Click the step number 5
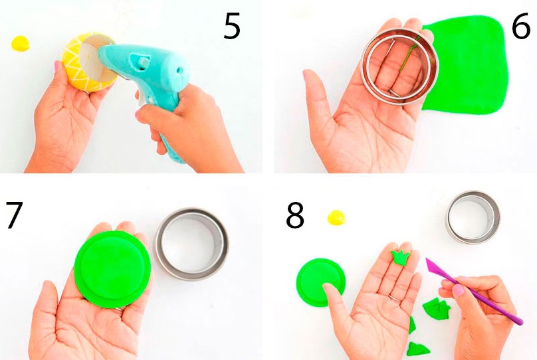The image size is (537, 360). pos(232,26)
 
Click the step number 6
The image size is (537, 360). pos(521,26)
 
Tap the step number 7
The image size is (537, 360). pos(15,215)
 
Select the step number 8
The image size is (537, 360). pos(295,215)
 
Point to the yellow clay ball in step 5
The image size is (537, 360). pos(20,43)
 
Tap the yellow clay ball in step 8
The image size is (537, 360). pos(336,218)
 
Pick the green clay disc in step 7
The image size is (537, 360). pos(112,269)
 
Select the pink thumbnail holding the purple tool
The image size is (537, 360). pos(458,290)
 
